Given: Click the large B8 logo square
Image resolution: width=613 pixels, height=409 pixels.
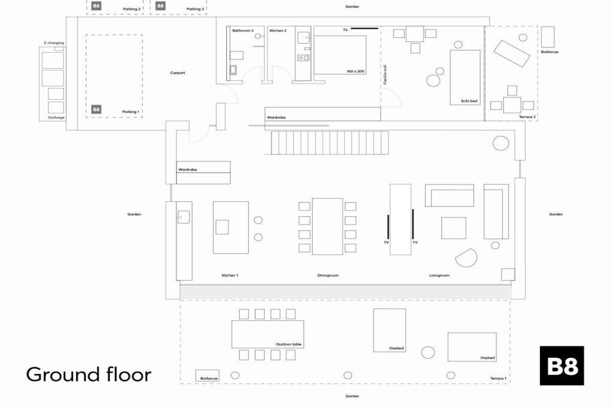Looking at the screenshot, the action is point(562,366).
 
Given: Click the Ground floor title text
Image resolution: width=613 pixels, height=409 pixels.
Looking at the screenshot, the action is point(89,374).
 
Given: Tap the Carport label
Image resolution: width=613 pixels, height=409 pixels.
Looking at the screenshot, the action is point(177,72).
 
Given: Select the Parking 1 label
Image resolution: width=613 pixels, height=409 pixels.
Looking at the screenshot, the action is point(131,112).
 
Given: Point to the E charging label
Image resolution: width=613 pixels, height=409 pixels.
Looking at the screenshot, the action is point(54,43).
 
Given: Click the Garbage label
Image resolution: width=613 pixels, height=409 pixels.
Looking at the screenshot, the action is point(56,117).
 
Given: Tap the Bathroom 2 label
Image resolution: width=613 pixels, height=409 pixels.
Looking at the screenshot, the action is point(243,31).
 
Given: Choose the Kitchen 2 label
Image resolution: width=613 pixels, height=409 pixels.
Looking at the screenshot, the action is point(278,31).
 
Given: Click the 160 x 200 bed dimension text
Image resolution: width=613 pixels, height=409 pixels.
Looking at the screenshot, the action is point(356,71).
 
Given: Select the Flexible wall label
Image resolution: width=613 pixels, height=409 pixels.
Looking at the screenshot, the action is point(385,74).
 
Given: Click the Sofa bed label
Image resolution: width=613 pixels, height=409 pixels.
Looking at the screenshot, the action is point(469,101).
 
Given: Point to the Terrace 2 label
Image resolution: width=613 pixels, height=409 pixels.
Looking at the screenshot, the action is point(527,117).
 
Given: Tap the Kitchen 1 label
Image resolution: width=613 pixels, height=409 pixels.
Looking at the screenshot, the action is point(230,275).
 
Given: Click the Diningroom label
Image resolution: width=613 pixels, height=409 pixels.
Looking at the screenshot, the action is point(328,275).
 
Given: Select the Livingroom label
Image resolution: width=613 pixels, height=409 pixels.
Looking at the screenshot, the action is point(439,275).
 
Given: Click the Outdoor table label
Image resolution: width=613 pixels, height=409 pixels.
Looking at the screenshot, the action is point(289,344).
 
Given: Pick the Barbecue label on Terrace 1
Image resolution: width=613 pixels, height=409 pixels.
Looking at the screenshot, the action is point(209,378).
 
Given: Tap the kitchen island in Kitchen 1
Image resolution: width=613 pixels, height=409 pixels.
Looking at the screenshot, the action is point(230,228).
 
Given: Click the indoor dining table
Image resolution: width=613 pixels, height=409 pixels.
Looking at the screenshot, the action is point(327,226).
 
